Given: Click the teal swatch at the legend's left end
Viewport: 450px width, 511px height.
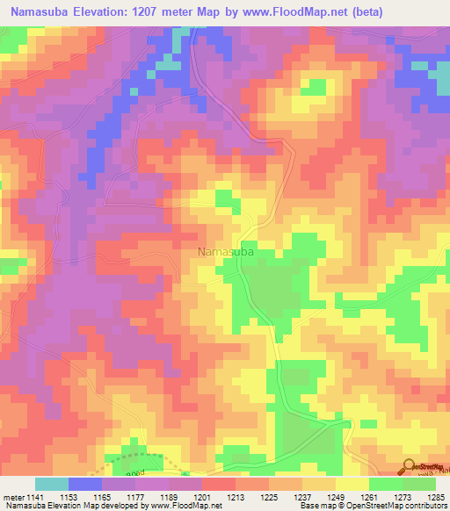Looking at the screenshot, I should (51, 484).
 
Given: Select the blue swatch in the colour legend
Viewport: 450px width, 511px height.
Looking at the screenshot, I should (85, 484).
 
